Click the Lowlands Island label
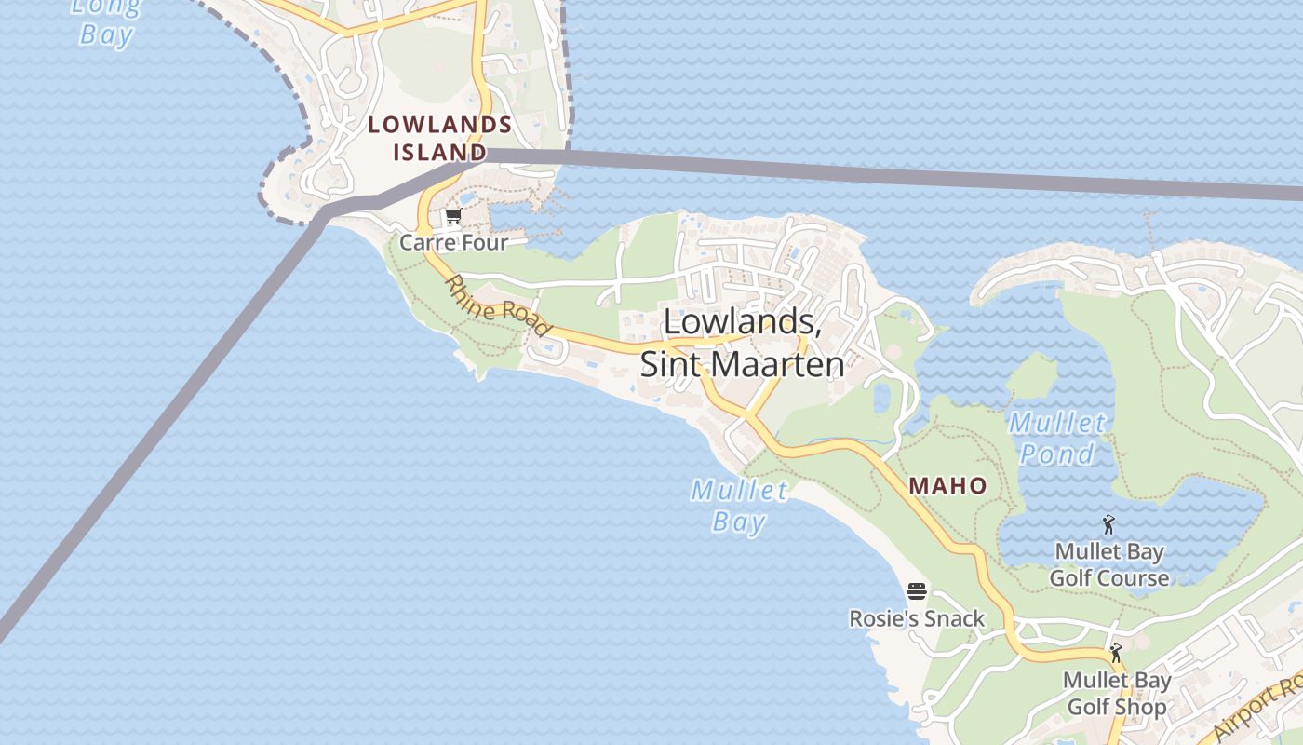pos(439,138)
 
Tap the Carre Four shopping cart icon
pos(453,217)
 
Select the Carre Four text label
pos(453,243)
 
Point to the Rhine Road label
pos(498,305)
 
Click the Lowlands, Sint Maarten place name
pos(742,343)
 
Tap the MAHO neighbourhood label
pos(947,485)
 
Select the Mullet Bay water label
pos(740,505)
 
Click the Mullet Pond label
pos(1057,439)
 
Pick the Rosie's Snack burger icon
pos(916,591)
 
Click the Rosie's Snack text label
pos(916,618)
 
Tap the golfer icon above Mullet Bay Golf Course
pos(1108,524)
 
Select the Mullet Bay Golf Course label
pos(1108,565)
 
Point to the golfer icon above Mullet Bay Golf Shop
pos(1116,653)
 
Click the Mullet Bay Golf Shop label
pos(1116,694)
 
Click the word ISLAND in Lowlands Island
pos(439,152)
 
